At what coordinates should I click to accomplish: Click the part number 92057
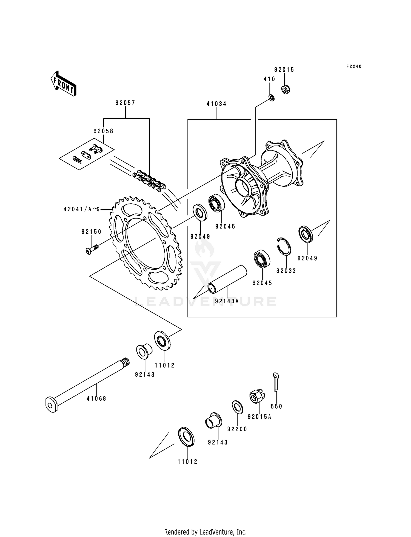point(125,103)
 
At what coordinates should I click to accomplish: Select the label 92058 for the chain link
point(103,131)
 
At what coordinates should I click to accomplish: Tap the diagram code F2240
point(354,67)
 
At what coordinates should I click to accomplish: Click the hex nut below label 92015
point(286,89)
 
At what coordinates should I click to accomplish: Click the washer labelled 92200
point(238,407)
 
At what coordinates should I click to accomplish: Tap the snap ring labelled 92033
point(284,246)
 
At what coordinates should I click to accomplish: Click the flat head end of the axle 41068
point(51,405)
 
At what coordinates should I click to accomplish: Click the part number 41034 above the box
point(216,104)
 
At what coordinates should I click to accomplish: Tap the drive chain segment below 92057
point(149,180)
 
